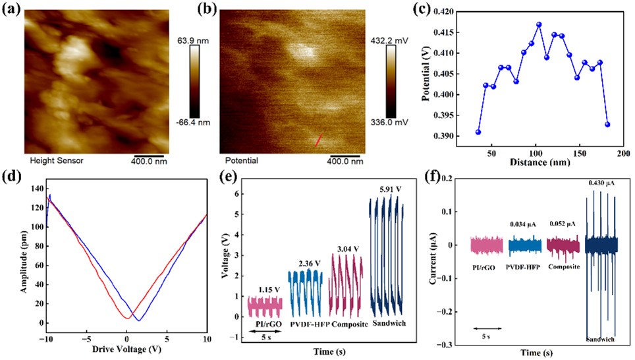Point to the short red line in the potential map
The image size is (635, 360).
pyautogui.click(x=319, y=139)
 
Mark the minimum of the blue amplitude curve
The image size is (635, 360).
pyautogui.click(x=138, y=320)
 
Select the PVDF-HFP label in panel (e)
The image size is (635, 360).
pyautogui.click(x=308, y=324)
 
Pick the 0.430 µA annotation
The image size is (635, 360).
pyautogui.click(x=601, y=183)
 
